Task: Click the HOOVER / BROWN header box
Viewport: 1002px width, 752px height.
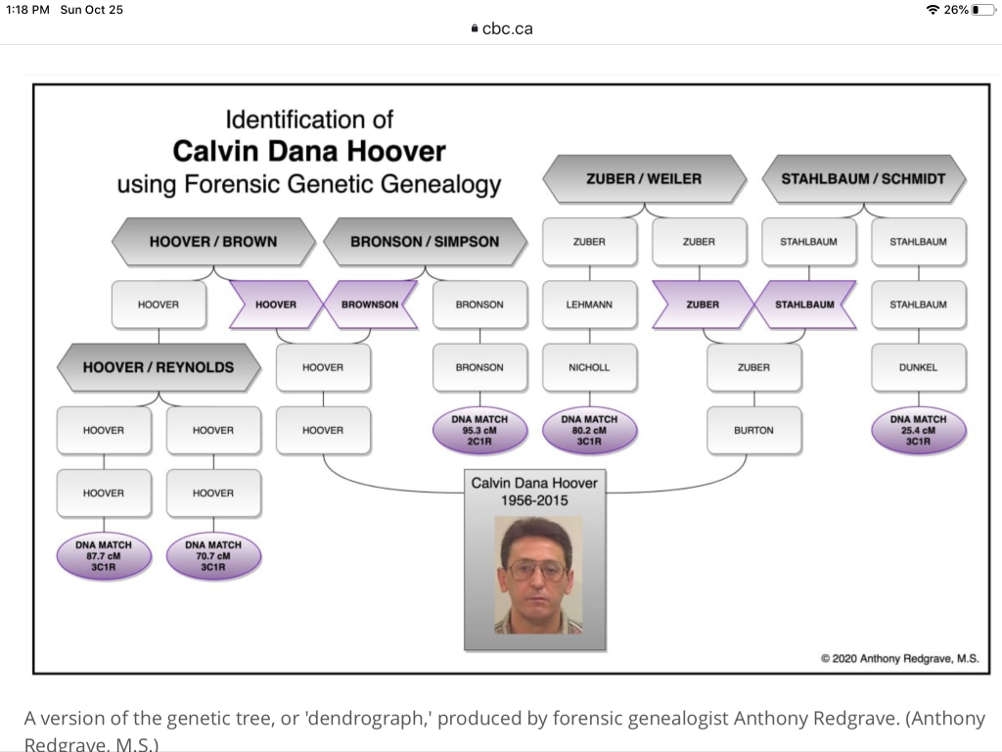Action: click(213, 242)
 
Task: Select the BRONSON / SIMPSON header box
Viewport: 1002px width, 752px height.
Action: click(425, 242)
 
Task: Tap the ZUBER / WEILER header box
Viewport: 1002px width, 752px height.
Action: click(644, 179)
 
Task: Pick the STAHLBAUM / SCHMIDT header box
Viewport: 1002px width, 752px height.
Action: click(863, 179)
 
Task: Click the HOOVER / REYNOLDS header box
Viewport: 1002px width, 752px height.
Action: click(159, 367)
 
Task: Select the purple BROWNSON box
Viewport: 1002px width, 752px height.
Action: click(370, 305)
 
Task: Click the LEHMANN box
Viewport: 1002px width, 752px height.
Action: click(589, 305)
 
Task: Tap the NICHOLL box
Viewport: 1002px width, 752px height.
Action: click(589, 367)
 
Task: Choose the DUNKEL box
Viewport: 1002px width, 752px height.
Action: click(918, 367)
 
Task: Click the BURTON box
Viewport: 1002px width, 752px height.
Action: click(753, 430)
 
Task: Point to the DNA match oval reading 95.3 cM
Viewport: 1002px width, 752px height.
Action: click(479, 431)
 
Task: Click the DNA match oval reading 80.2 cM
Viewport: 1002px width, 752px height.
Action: click(589, 431)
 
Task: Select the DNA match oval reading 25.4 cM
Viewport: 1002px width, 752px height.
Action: click(918, 431)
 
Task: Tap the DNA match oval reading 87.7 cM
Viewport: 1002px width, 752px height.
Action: click(104, 556)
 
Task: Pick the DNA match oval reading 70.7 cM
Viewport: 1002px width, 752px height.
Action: click(213, 556)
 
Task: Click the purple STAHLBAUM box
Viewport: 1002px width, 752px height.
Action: click(804, 305)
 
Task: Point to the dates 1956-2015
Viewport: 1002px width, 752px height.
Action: click(533, 500)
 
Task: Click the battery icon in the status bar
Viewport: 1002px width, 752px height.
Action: click(981, 10)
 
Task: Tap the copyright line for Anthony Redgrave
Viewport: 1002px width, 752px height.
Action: click(899, 658)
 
